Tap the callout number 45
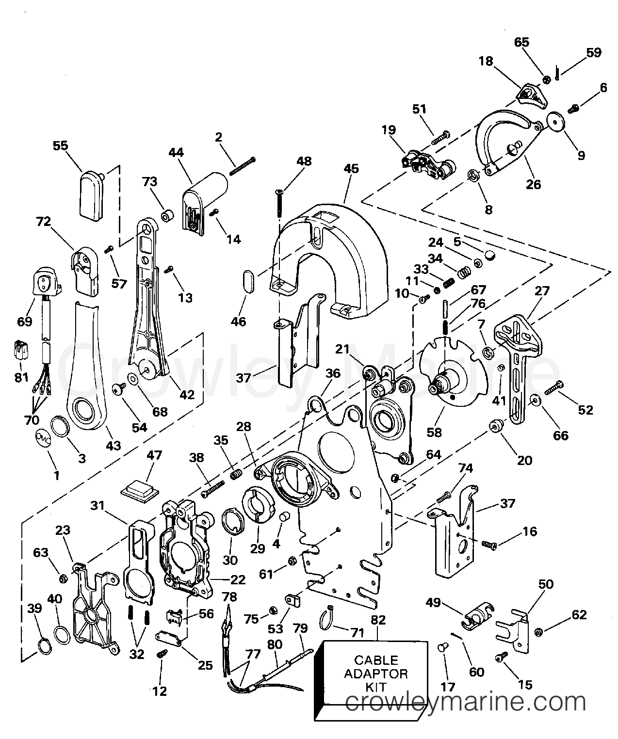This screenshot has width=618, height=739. [351, 168]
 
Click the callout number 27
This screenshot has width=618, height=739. [542, 291]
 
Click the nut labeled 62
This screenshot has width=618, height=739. [538, 632]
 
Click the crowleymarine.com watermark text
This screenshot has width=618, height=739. [465, 702]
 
